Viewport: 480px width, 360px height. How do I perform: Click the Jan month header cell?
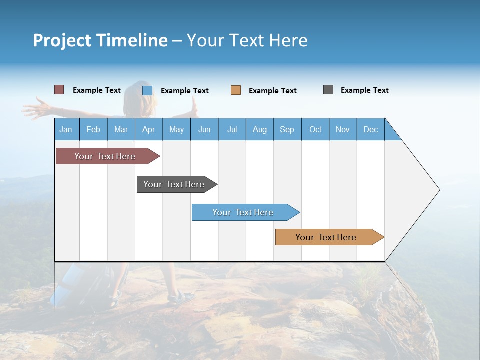click(x=66, y=129)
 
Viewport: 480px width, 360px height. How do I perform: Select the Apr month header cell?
click(x=149, y=129)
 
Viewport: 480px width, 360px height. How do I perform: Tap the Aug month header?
click(x=260, y=129)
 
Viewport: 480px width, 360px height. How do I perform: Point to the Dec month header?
click(x=371, y=129)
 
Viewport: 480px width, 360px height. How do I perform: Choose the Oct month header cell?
click(x=315, y=129)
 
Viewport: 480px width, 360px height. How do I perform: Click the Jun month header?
click(x=204, y=129)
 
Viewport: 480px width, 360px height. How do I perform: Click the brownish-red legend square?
click(x=59, y=90)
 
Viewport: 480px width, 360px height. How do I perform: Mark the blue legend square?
click(x=147, y=90)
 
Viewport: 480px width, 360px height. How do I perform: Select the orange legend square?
click(x=236, y=90)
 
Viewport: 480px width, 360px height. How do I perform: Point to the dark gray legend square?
click(x=328, y=90)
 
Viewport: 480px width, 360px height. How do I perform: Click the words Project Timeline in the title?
click(x=100, y=40)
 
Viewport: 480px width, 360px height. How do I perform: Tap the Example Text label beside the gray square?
click(x=364, y=90)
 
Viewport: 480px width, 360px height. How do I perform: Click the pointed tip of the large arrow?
click(x=438, y=190)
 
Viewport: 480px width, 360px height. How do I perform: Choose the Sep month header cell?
click(x=287, y=129)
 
